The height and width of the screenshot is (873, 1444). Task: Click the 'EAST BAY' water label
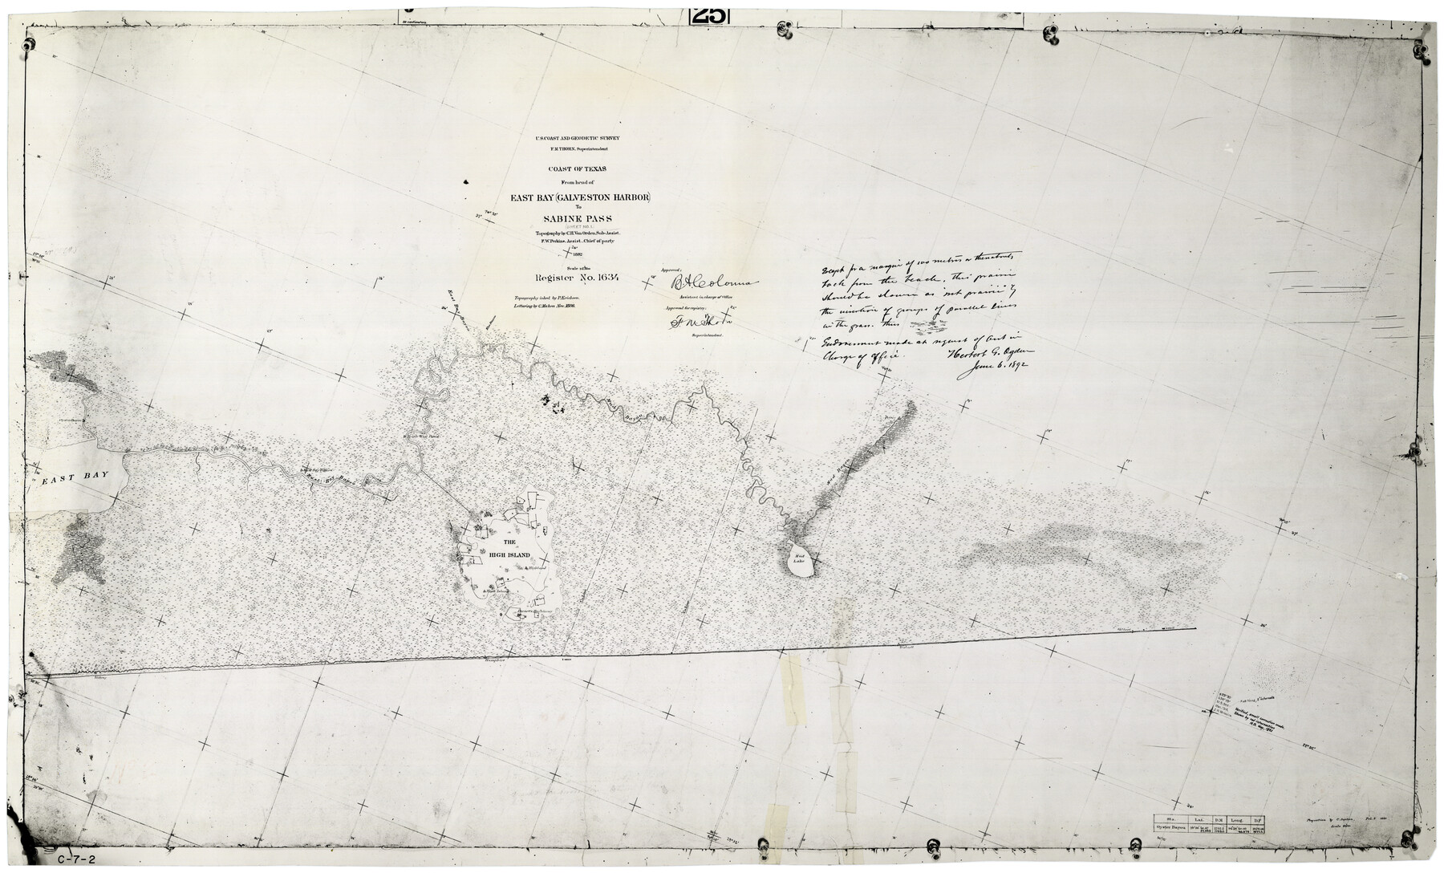click(x=75, y=478)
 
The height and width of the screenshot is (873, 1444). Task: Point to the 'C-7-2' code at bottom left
click(x=77, y=859)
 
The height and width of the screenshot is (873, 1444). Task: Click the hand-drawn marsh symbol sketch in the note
click(x=931, y=327)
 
